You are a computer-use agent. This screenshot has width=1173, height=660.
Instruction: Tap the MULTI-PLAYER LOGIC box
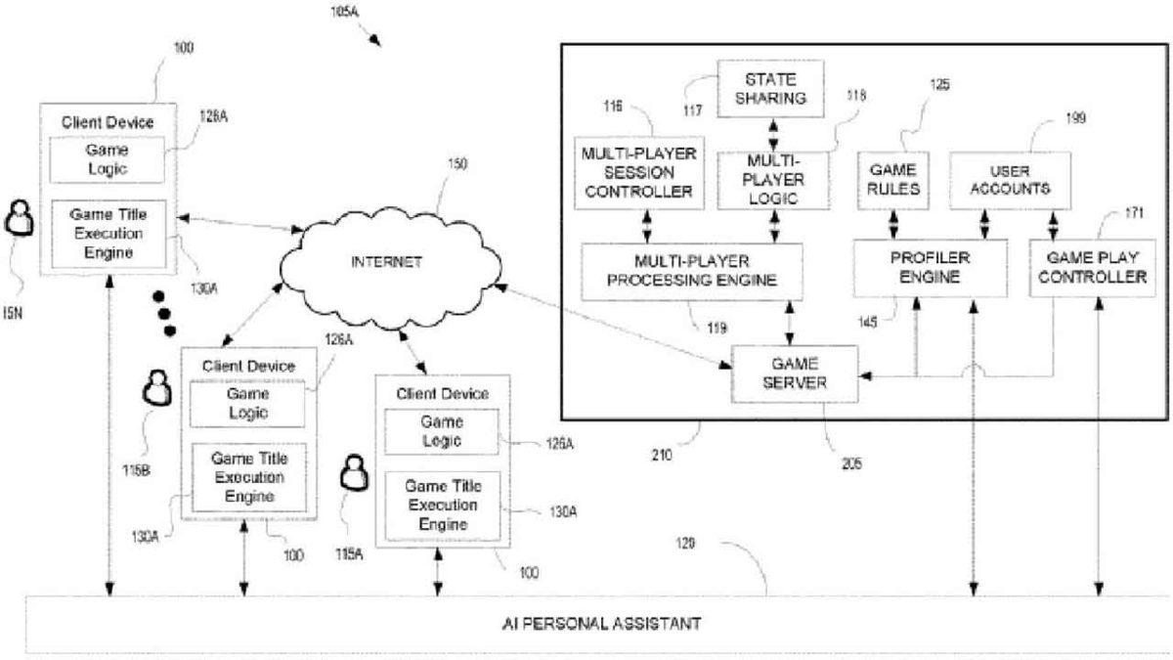pyautogui.click(x=773, y=179)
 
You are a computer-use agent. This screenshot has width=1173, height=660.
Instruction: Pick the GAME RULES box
pyautogui.click(x=892, y=180)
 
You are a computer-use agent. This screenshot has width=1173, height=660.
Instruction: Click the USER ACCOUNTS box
pyautogui.click(x=1005, y=180)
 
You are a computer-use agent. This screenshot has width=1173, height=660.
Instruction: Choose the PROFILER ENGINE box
pyautogui.click(x=929, y=268)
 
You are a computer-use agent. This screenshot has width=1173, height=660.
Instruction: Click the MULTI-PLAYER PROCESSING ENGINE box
pyautogui.click(x=692, y=271)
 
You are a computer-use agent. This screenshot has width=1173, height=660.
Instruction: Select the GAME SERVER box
pyautogui.click(x=795, y=373)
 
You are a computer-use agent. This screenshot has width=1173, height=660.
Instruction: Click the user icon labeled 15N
pyautogui.click(x=20, y=219)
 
